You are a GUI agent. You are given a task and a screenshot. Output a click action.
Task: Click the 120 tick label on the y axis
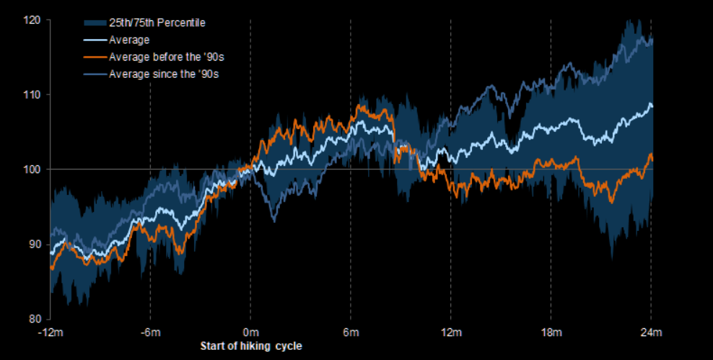[x=32, y=20]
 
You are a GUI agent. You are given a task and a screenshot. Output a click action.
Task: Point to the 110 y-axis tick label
[x=32, y=95]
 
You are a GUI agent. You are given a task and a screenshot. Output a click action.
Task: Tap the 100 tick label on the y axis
[x=32, y=170]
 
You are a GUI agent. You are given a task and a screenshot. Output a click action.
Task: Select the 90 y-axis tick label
[x=35, y=244]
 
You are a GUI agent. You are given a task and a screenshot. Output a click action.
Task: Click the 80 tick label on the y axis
[x=35, y=319]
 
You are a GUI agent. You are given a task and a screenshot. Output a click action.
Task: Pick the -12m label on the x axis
[x=50, y=333]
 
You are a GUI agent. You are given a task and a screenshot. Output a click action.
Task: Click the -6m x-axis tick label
[x=150, y=333]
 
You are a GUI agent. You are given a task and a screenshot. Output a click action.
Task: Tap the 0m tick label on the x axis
[x=250, y=333]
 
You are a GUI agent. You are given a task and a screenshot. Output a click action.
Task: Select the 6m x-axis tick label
[x=351, y=333]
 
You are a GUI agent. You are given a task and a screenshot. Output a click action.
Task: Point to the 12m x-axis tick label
[x=451, y=333]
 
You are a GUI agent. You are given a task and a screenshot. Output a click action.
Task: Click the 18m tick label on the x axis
[x=551, y=333]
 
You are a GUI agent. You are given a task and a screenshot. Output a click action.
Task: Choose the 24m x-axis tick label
[x=652, y=333]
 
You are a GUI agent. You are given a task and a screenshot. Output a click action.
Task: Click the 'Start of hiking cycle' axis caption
[x=250, y=346]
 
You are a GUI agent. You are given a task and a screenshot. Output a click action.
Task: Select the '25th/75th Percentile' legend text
[x=157, y=23]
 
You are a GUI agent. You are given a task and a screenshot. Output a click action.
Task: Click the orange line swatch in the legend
[x=95, y=57]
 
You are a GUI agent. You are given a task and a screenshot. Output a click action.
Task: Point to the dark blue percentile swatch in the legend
[x=95, y=23]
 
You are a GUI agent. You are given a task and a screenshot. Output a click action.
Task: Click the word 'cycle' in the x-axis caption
[x=288, y=346]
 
